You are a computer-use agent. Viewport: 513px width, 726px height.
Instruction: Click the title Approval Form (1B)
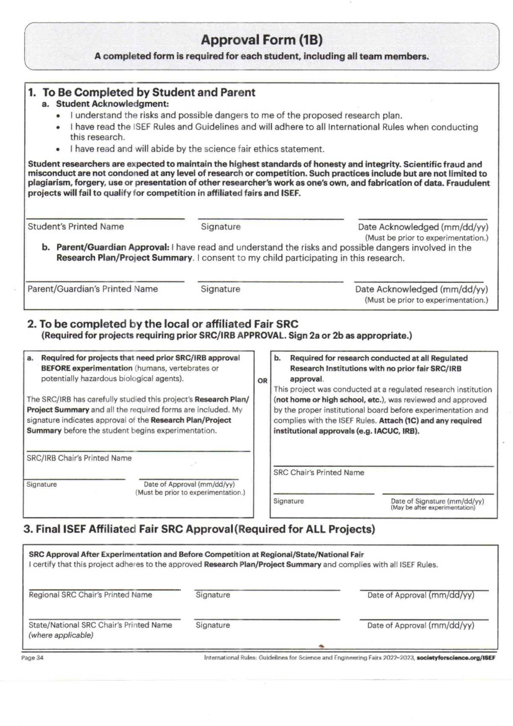click(262, 40)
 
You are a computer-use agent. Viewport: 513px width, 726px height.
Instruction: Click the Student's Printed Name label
click(76, 227)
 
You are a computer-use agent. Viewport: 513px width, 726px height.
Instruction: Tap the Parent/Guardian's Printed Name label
click(93, 289)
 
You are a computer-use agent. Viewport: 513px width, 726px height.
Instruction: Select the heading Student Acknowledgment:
click(112, 104)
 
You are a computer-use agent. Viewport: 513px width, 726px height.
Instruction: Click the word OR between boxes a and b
click(262, 381)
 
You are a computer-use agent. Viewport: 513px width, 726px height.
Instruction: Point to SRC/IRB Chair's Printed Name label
click(79, 458)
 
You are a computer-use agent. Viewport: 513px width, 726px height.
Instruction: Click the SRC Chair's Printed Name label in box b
click(318, 473)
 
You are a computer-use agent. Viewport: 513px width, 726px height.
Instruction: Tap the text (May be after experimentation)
click(433, 508)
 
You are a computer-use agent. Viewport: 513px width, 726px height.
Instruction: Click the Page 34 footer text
click(32, 658)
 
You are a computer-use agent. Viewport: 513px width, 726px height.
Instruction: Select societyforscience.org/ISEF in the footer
click(456, 658)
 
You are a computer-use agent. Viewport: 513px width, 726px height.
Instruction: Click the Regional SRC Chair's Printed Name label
click(90, 595)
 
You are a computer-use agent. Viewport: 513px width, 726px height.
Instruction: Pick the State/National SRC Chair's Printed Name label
click(100, 625)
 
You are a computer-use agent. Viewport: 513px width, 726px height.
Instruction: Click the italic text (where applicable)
click(61, 635)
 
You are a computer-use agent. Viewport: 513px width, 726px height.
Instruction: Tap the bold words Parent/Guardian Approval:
click(113, 247)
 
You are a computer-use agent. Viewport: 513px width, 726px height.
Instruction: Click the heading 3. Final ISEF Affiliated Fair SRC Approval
click(199, 529)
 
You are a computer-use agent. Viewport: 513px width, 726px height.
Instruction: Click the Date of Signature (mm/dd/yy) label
click(437, 501)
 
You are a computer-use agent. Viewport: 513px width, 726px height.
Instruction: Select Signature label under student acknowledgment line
click(221, 227)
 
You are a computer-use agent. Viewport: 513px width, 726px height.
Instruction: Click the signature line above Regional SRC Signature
click(267, 590)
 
